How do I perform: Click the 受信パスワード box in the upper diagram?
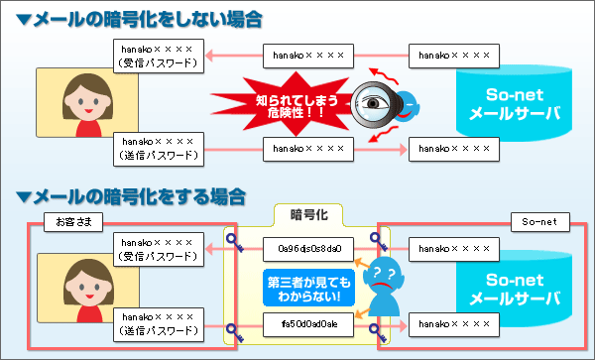pyautogui.click(x=159, y=56)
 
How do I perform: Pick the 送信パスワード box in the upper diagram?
pyautogui.click(x=159, y=149)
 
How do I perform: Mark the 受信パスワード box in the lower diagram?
pyautogui.click(x=159, y=248)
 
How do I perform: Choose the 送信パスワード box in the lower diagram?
pyautogui.click(x=159, y=323)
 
